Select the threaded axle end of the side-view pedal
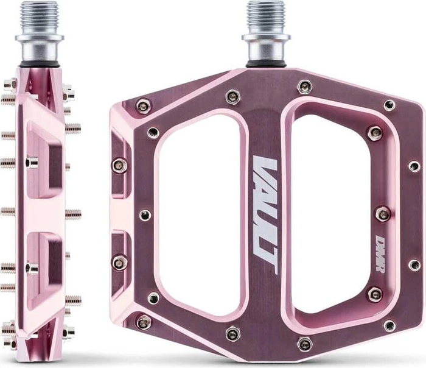[40, 17]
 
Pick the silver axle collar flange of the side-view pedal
[40, 37]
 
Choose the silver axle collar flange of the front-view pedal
[266, 37]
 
